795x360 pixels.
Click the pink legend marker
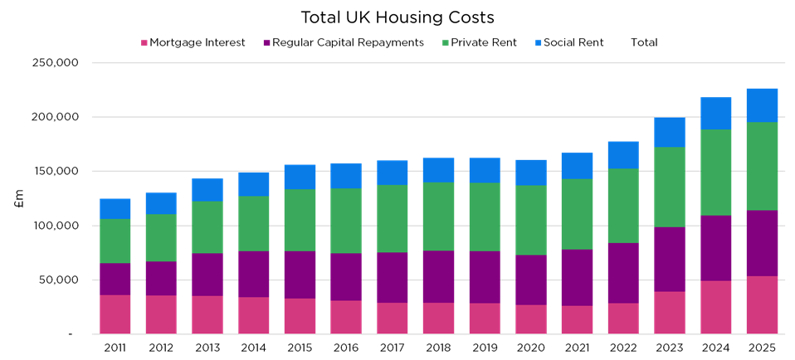point(144,43)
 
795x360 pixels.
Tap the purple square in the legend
point(266,43)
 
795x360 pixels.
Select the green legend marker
point(446,43)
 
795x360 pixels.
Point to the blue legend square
point(539,43)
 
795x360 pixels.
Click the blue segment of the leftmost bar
point(115,208)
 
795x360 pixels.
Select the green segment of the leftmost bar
point(115,241)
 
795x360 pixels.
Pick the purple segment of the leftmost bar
point(115,279)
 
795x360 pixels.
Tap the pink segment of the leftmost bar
point(115,314)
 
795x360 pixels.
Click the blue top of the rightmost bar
point(762,105)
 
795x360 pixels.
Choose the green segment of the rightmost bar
point(762,166)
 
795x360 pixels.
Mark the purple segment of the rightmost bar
point(762,243)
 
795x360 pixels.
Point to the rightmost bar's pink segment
point(762,304)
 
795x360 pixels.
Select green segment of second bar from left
point(161,238)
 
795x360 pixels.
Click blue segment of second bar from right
point(716,113)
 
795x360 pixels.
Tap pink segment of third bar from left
point(207,314)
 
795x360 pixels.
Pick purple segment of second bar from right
point(716,248)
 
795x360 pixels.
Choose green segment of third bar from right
point(670,187)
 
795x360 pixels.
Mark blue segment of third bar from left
point(207,190)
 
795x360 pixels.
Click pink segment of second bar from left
point(161,314)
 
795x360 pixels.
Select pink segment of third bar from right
point(670,312)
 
